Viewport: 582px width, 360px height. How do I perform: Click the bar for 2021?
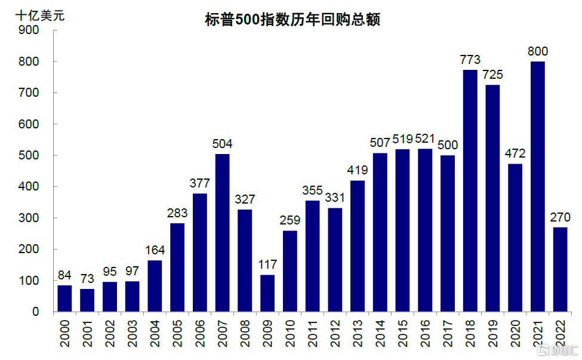click(x=537, y=186)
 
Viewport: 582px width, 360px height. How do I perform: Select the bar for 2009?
click(x=267, y=293)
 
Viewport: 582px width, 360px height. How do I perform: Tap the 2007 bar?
click(x=222, y=233)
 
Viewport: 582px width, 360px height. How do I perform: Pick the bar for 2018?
click(x=470, y=190)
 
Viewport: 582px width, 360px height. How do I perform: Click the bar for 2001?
click(x=87, y=300)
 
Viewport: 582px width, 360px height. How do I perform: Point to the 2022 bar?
click(x=560, y=269)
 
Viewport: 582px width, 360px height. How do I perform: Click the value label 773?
click(x=470, y=60)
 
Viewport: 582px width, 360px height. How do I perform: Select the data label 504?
click(x=222, y=144)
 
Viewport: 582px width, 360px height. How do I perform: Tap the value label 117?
click(x=267, y=264)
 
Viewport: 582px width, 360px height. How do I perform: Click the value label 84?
click(x=64, y=275)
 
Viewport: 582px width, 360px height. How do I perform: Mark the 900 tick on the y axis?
click(x=29, y=30)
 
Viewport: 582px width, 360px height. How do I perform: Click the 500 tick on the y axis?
click(x=29, y=155)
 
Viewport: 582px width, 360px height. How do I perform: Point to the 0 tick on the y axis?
click(x=35, y=312)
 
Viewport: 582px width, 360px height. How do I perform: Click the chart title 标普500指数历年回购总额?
click(x=291, y=20)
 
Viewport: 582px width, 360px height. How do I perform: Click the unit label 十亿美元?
click(x=40, y=16)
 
